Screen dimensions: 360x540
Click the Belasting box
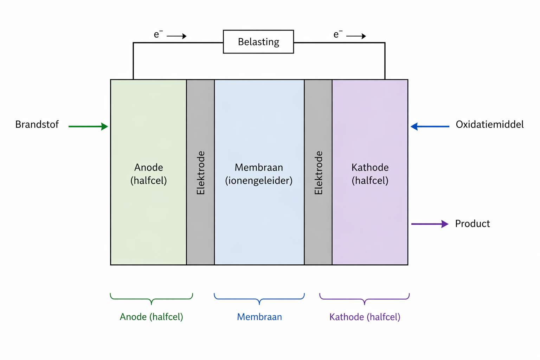point(258,42)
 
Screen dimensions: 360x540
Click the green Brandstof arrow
point(88,127)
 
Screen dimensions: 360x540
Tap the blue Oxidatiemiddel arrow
point(430,127)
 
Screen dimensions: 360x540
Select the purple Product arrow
point(430,224)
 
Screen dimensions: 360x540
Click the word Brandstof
point(37,124)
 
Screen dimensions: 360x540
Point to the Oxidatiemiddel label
point(489,124)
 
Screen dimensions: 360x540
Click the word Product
point(472,224)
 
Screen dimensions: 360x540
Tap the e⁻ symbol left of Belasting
point(158,34)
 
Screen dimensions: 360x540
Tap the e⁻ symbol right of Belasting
point(337,34)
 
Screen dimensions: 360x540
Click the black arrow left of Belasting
point(176,36)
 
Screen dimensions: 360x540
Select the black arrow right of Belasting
point(356,36)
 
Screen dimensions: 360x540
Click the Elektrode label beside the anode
point(200,173)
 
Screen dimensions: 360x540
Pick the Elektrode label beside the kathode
point(318,173)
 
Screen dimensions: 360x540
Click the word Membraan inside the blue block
point(259,167)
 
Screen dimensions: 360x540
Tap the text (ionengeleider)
point(259,181)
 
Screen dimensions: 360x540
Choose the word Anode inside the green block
point(148,167)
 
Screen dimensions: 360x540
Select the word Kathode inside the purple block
point(370,167)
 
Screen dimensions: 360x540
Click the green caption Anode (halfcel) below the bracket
point(152,317)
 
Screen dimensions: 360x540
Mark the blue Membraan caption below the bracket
point(259,317)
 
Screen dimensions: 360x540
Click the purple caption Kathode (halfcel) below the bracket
point(365,317)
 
